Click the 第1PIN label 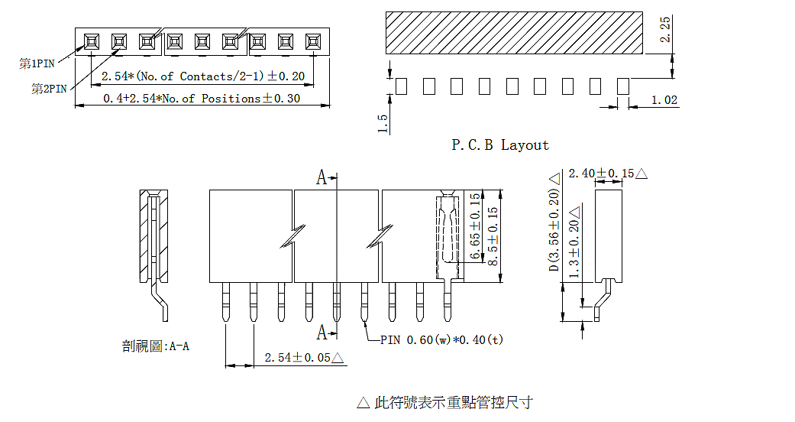36,63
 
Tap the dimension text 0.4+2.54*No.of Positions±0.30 202,99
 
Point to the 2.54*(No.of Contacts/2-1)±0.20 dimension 203,76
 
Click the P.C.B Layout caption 500,145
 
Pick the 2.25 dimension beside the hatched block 665,30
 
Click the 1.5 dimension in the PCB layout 383,123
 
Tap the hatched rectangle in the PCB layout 515,33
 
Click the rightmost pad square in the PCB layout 622,86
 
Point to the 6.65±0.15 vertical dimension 476,226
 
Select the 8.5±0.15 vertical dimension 493,236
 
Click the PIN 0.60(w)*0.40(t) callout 441,339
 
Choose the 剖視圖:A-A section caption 156,346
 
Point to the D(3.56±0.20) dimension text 554,225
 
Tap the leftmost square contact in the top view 91,41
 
